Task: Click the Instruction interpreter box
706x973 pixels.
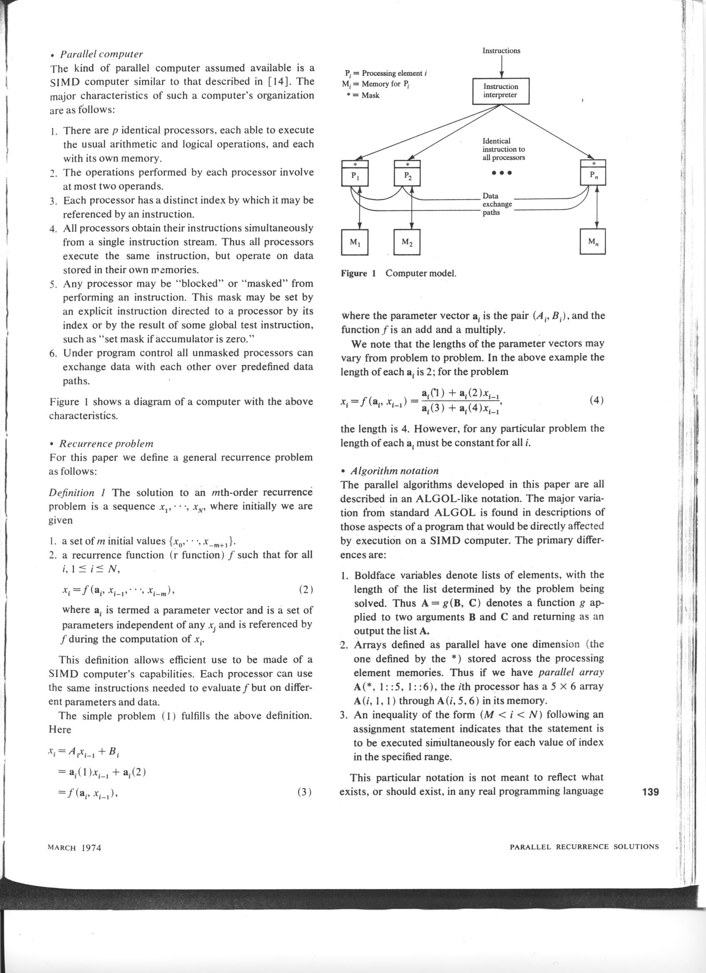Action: pyautogui.click(x=500, y=91)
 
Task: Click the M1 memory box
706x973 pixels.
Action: pyautogui.click(x=355, y=243)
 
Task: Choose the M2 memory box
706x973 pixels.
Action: pyautogui.click(x=407, y=243)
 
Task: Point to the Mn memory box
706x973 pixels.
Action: pyautogui.click(x=593, y=243)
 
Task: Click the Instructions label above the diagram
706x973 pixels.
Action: pyautogui.click(x=501, y=51)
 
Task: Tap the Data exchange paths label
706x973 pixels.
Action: pyautogui.click(x=497, y=204)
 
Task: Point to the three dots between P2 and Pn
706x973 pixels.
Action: pyautogui.click(x=502, y=174)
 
